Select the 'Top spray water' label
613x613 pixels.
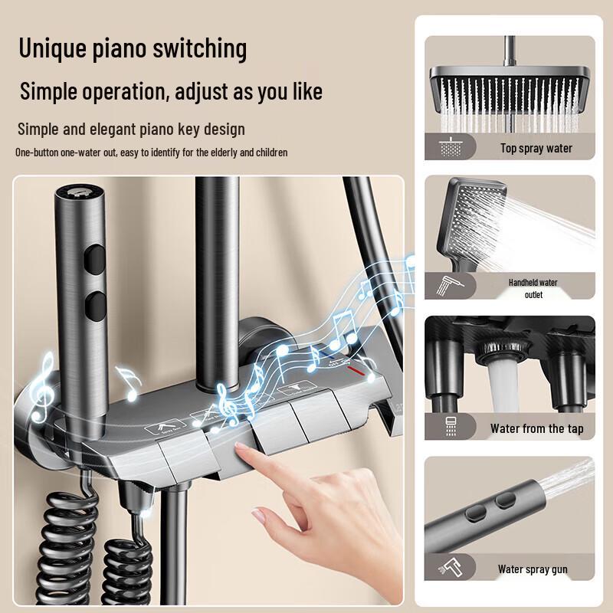click(x=536, y=149)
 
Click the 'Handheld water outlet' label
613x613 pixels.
click(x=533, y=288)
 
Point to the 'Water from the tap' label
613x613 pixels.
click(x=536, y=428)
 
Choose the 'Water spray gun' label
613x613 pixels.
click(x=533, y=569)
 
